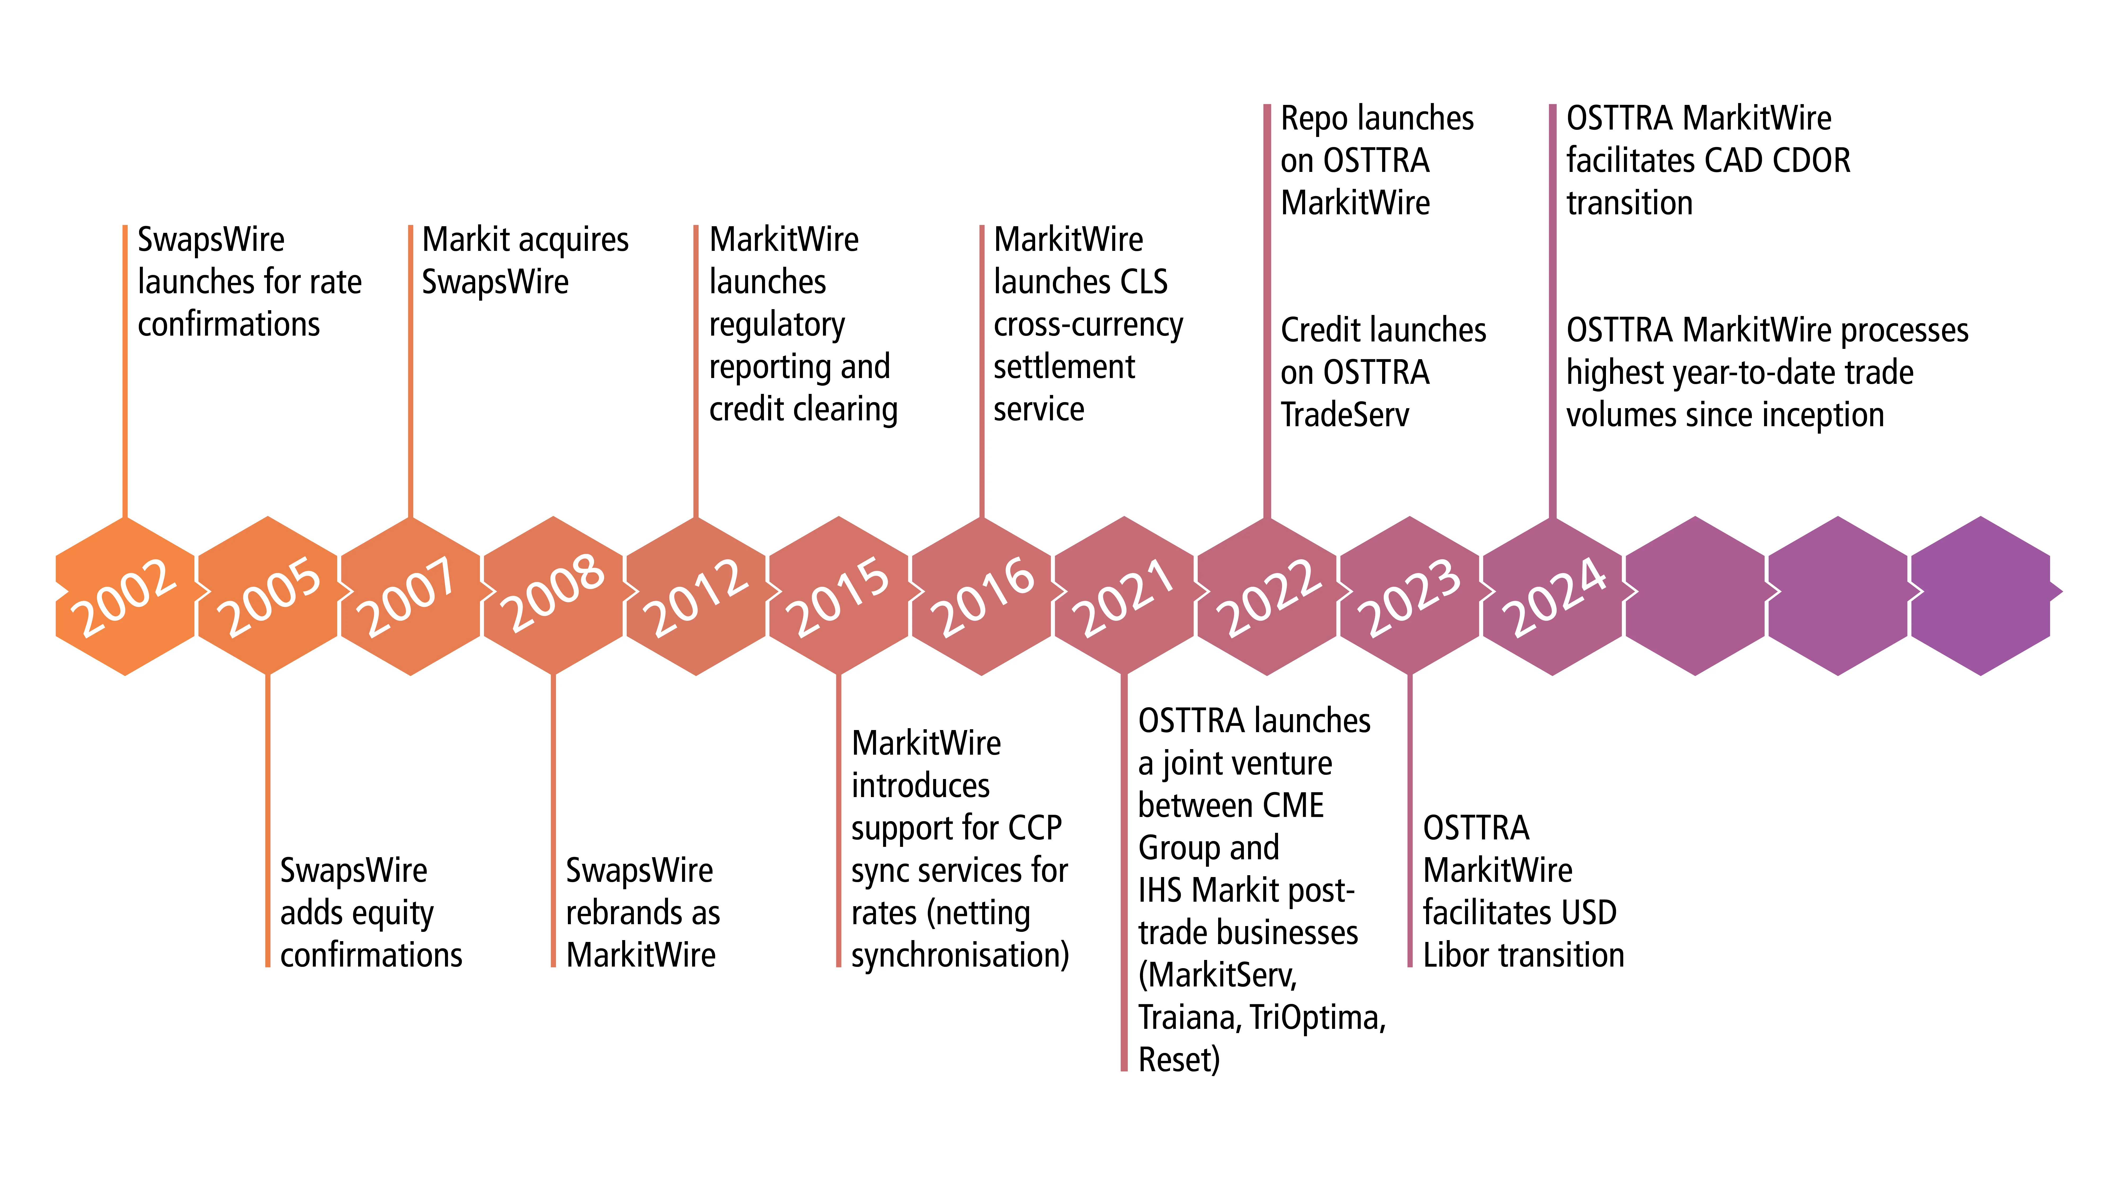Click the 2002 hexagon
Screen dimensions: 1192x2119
point(125,597)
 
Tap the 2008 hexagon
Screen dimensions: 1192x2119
point(554,597)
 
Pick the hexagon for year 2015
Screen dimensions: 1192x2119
point(839,597)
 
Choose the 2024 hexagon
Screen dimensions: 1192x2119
point(1553,597)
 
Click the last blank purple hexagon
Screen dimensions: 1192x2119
point(1981,597)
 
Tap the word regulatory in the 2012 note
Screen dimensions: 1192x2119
point(777,325)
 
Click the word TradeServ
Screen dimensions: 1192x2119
point(1344,415)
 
